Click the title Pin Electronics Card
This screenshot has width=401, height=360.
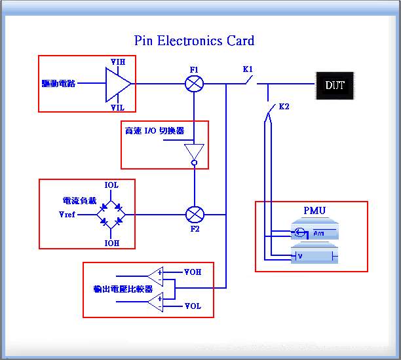[194, 41]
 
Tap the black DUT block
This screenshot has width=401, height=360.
[335, 85]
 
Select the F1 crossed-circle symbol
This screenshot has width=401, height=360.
[194, 84]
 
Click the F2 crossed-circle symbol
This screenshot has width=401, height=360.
[194, 214]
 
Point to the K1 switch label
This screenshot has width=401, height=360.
[248, 69]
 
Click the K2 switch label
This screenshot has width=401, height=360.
[284, 106]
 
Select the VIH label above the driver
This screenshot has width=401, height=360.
[118, 62]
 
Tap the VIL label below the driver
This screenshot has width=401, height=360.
[118, 107]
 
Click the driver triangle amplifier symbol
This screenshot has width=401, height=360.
[117, 84]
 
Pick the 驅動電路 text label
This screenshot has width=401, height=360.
[58, 84]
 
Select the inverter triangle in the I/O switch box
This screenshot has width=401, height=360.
[194, 151]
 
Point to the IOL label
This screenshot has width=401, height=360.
[111, 186]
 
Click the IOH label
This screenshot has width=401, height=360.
[111, 242]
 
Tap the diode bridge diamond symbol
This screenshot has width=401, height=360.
[111, 214]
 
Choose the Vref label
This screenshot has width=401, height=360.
[67, 214]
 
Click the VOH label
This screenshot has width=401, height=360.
[193, 271]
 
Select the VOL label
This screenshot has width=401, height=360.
[193, 306]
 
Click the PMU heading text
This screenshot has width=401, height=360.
[315, 211]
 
